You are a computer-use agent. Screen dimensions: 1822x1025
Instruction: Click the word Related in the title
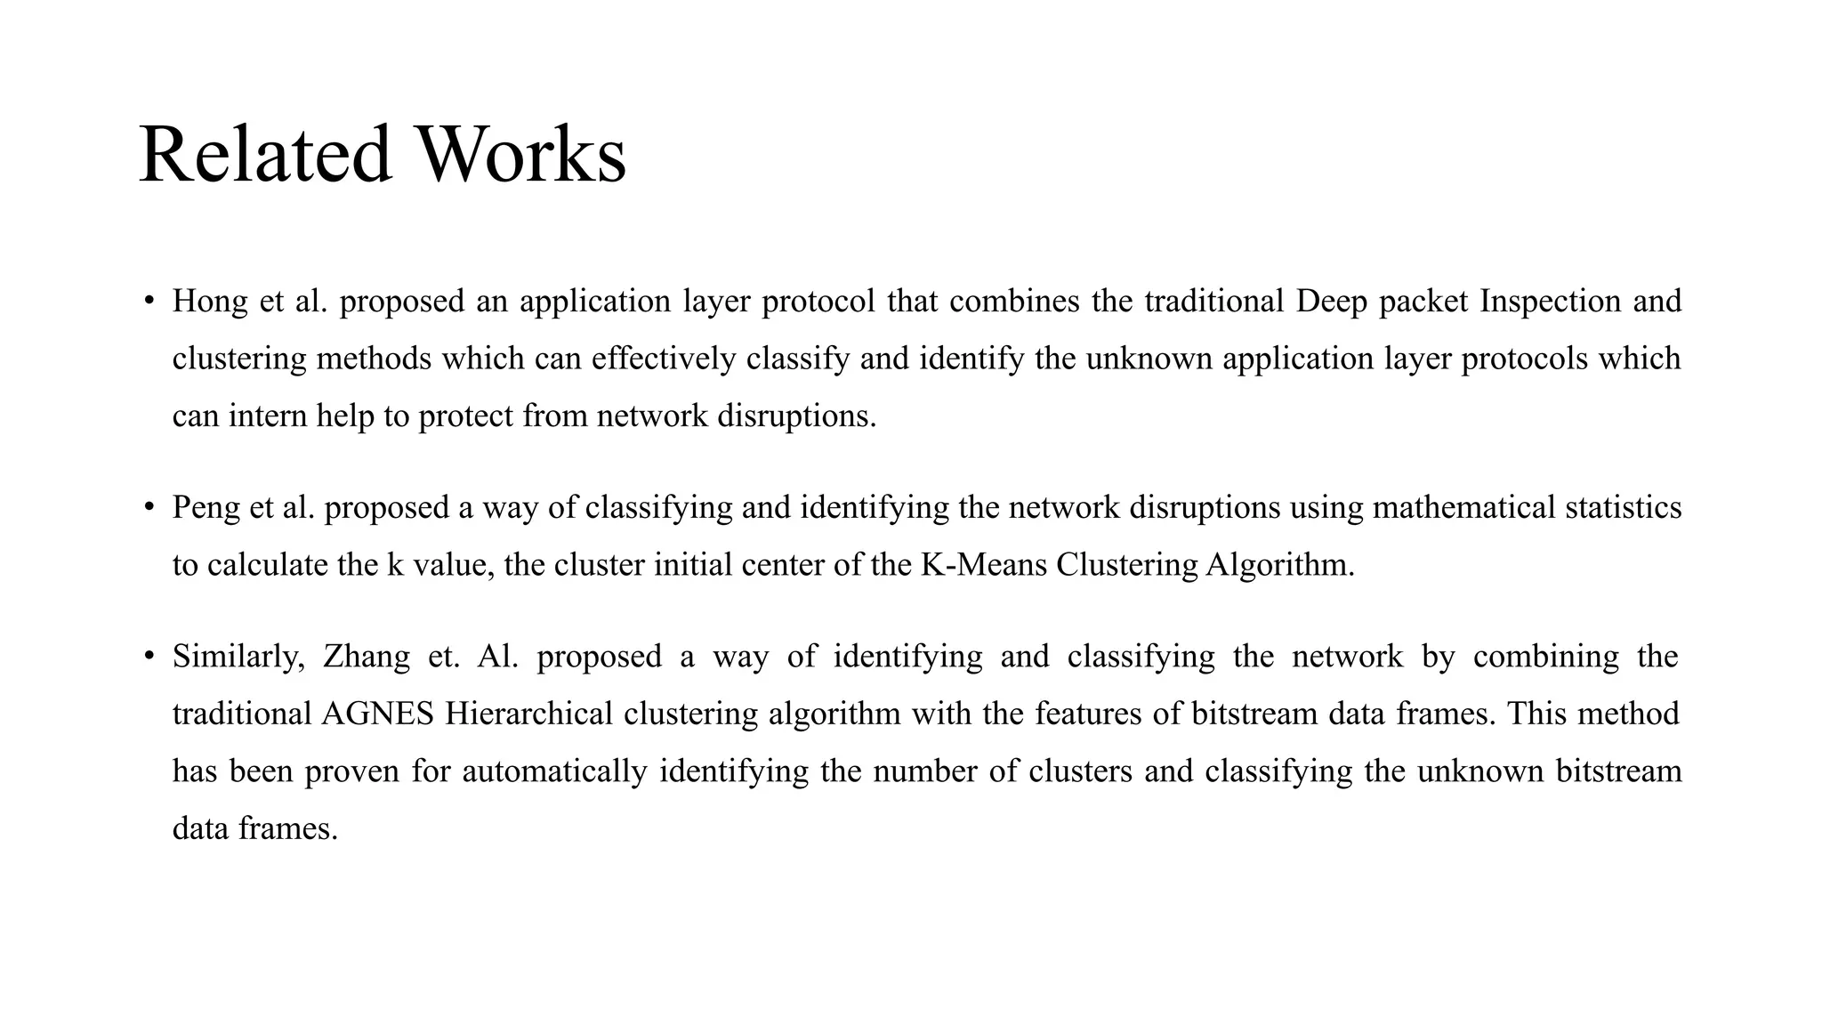pos(265,155)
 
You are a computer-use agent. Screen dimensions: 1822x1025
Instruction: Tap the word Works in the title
pos(522,155)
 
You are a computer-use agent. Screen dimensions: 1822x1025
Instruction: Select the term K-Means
pos(984,564)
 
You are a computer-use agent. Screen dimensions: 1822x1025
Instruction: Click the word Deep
pos(1331,302)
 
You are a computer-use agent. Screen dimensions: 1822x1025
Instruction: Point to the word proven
pos(351,771)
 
